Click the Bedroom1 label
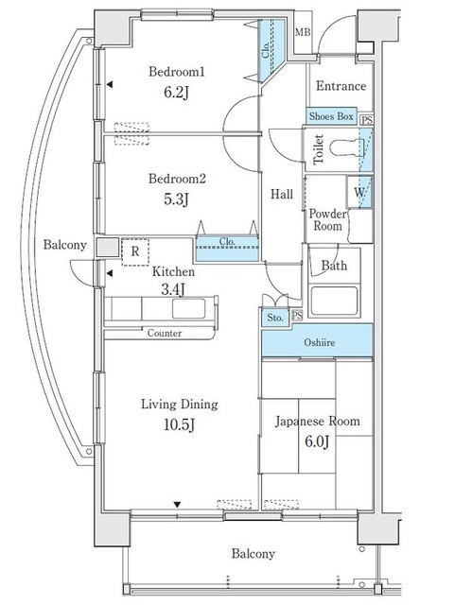point(176,72)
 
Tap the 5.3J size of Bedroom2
point(176,199)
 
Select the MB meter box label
point(303,32)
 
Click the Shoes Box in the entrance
point(331,116)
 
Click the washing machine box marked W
point(359,192)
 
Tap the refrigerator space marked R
point(135,252)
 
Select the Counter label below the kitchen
point(165,333)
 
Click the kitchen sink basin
point(189,309)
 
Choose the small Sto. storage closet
point(275,318)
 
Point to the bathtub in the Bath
point(334,301)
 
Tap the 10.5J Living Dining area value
point(179,424)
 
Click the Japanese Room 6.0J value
point(317,441)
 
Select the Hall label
point(282,194)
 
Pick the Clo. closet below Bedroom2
point(227,249)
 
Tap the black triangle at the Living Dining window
point(177,504)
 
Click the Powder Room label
point(327,219)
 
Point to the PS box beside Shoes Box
point(367,120)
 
